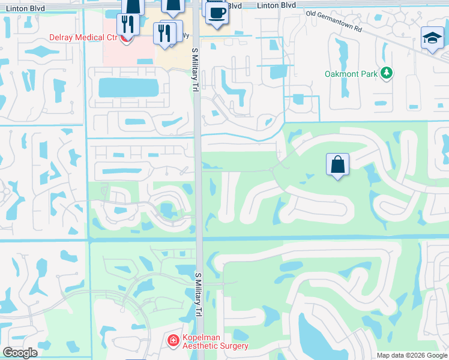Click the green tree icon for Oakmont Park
pos(387,73)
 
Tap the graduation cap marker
pos(432,38)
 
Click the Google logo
pos(20,353)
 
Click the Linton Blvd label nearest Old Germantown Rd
pos(277,5)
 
